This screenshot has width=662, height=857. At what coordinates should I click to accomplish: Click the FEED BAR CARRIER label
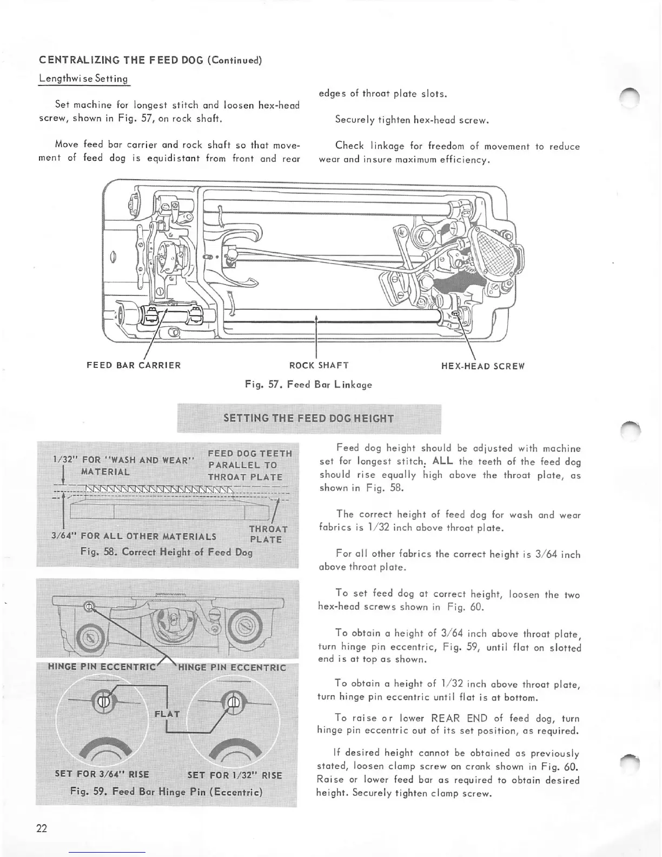pos(134,365)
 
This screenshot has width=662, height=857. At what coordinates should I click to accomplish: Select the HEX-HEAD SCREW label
pos(483,366)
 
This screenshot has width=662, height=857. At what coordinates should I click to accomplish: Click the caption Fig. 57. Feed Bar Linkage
pos(308,384)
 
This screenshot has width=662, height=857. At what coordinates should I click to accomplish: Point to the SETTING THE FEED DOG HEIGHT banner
pos(309,418)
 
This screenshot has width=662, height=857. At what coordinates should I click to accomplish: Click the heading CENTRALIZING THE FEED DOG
pos(150,60)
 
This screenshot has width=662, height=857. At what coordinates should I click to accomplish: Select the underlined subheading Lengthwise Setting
pos(83,78)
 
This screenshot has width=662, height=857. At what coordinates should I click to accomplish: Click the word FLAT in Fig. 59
pos(167,713)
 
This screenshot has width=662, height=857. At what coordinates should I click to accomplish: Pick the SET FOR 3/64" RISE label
pos(102,774)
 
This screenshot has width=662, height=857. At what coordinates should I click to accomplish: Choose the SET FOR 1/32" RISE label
pos(235,775)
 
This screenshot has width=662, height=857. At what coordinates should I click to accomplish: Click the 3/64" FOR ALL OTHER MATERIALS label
pos(134,536)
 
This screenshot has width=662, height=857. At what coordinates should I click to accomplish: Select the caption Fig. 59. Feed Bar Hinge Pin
pos(166,792)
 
